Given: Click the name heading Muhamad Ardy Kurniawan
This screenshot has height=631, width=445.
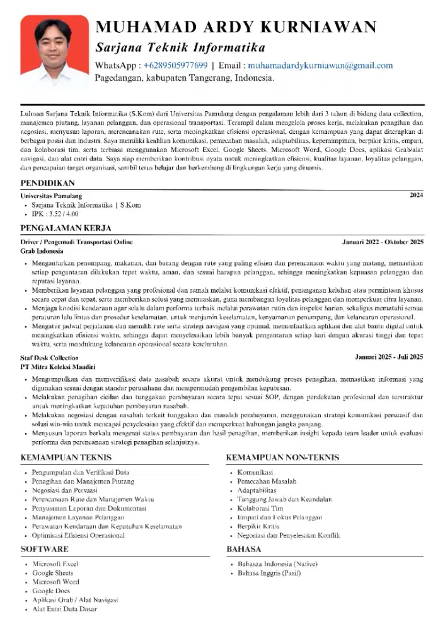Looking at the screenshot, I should point(236,27).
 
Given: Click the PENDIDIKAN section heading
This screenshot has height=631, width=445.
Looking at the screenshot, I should point(48,182).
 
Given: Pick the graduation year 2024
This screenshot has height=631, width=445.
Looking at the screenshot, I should point(417,196).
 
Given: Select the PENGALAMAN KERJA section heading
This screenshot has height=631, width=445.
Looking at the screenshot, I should point(66,227).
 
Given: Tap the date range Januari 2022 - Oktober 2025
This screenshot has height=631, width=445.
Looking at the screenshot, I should point(383,242).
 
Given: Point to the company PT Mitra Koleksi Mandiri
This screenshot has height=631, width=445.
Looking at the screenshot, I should point(57,367).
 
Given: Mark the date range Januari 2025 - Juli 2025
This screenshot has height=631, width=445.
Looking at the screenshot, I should point(389,357).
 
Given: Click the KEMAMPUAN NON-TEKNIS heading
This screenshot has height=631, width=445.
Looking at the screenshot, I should point(282,457).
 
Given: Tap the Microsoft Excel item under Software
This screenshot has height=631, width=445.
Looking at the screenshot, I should point(55,563).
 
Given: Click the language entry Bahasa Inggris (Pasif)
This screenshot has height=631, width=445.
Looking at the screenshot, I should point(269,573).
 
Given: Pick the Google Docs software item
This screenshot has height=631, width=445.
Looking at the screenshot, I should point(52,591).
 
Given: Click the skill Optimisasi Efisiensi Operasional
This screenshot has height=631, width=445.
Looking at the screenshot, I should point(78,535).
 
